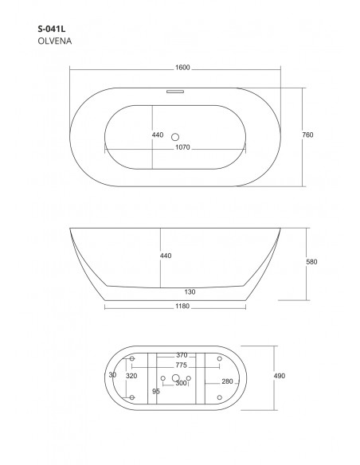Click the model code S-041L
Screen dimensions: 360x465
pos(52,29)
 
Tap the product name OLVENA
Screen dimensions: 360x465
pos(55,41)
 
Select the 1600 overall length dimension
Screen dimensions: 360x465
pos(182,68)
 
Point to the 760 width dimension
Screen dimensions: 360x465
pos(307,135)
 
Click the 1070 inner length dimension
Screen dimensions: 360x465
pos(182,147)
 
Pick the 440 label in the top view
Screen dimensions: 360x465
pos(158,135)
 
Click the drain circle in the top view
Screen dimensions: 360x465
pos(175,137)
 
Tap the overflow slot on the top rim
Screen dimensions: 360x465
pos(175,92)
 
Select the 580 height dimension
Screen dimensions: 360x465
pos(311,261)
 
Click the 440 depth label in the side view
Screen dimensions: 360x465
pos(166,256)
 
